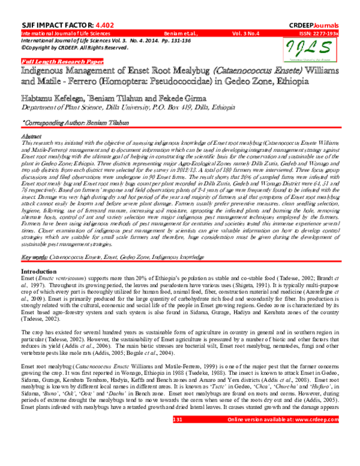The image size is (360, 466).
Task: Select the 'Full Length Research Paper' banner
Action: (x=55, y=61)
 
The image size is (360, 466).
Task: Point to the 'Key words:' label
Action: (x=35, y=257)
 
